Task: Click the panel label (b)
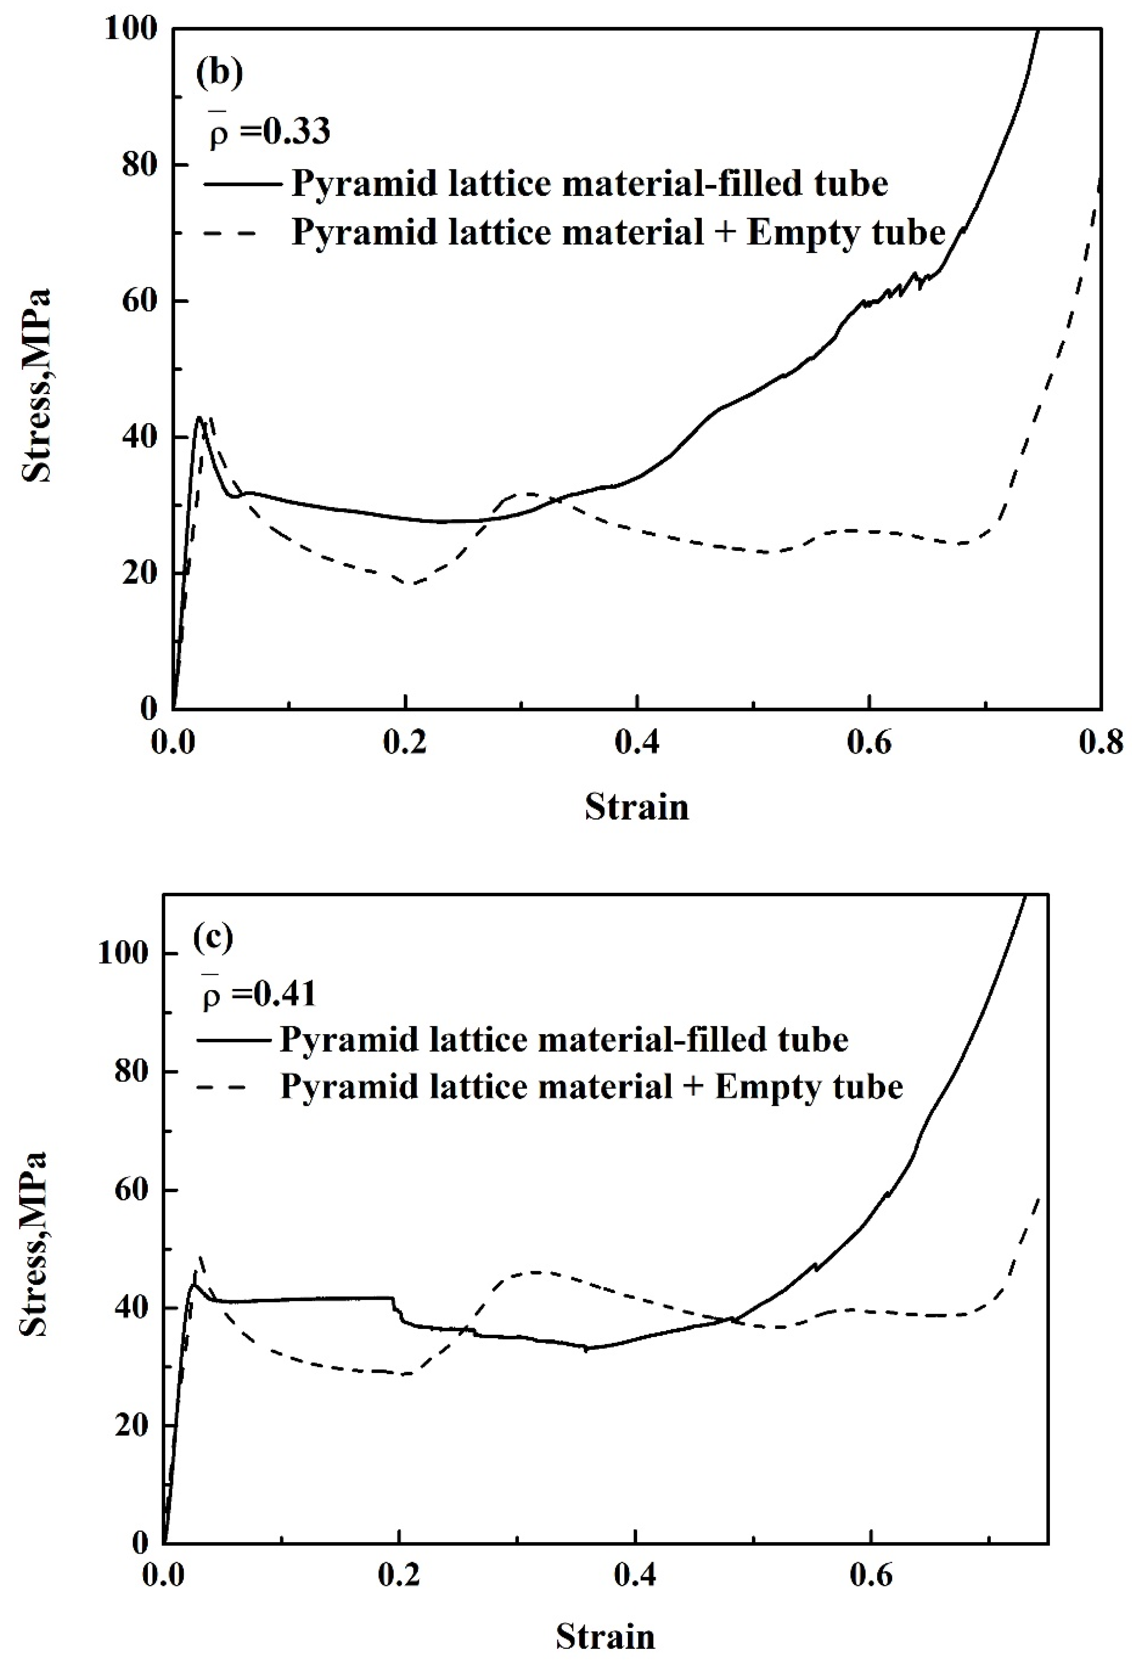click(220, 74)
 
